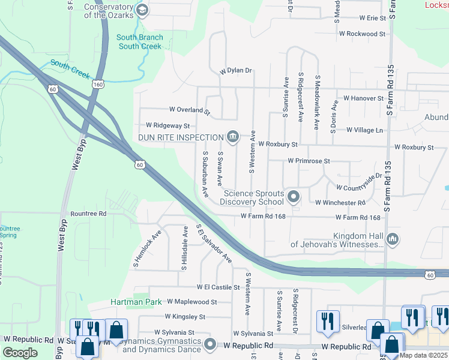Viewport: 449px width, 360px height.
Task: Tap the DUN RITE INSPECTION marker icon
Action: coord(233,137)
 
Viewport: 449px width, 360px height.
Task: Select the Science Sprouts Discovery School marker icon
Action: coord(293,197)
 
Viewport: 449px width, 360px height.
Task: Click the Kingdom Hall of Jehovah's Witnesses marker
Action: coord(393,239)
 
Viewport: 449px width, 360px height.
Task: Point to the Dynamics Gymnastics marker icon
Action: coord(209,345)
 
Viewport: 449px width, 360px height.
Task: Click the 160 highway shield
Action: coord(97,85)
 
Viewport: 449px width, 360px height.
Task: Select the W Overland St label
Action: coord(190,110)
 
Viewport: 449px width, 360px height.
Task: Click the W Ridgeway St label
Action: coord(167,126)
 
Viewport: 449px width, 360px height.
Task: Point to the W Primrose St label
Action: coord(309,161)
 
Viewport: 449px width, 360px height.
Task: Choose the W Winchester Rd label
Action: coord(340,203)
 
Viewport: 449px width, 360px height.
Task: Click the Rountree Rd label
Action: coord(88,213)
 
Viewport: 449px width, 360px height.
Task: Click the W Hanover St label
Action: coord(363,98)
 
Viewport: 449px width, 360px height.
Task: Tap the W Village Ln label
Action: coord(364,130)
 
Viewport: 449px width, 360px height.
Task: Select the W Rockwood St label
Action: coord(362,34)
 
